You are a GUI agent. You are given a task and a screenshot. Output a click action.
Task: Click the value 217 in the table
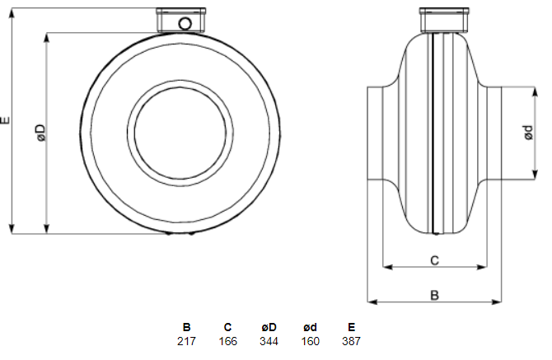point(186,341)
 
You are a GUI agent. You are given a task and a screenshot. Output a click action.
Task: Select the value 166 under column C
point(227,341)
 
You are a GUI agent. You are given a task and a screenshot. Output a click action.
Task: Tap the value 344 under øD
point(269,341)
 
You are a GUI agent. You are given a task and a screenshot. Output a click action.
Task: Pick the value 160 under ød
point(310,341)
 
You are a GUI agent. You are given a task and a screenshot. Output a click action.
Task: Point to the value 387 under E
point(351,341)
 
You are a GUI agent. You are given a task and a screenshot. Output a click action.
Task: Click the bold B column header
point(186,327)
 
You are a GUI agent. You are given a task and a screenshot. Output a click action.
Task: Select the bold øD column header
point(269,327)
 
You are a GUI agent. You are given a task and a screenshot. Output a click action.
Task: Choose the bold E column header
point(351,327)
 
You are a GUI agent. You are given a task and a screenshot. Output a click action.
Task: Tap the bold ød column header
point(310,327)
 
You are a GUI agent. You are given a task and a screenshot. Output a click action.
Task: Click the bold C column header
point(227,327)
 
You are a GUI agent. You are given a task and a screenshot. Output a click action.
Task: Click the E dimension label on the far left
point(5,120)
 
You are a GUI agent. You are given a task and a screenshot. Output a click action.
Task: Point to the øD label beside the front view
point(41,133)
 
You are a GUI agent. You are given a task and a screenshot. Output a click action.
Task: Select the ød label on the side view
point(528,133)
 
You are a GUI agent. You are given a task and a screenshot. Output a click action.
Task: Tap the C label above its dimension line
point(435,260)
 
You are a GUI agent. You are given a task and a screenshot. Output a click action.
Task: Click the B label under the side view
point(435,295)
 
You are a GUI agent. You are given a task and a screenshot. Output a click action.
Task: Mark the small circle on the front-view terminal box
point(185,24)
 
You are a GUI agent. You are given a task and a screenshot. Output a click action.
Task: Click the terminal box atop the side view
point(444,20)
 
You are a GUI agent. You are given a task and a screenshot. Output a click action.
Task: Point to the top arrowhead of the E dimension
point(12,12)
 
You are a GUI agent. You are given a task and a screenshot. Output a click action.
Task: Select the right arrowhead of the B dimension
point(497,302)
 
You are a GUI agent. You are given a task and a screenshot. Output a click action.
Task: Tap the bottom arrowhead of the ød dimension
point(535,175)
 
